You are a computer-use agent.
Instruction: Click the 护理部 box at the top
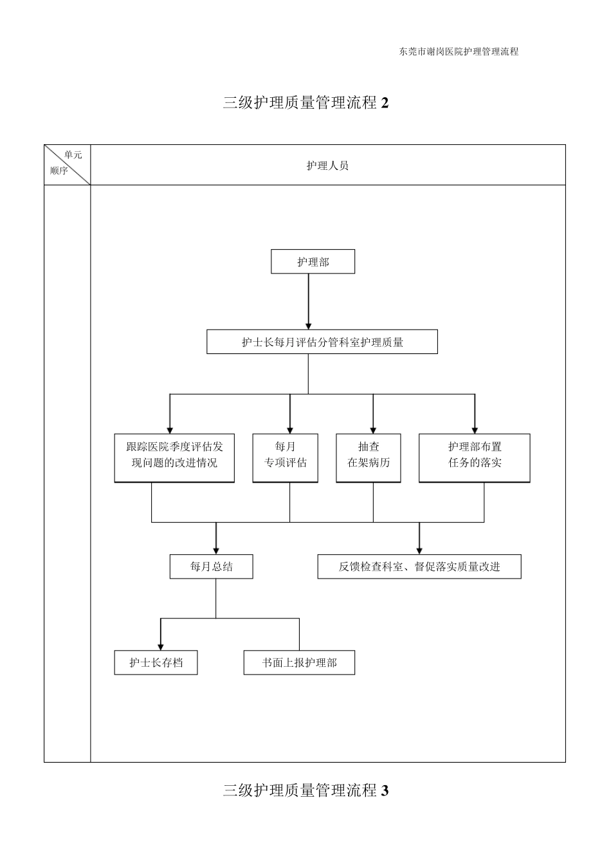point(313,262)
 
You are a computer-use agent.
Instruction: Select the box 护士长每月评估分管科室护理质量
point(322,342)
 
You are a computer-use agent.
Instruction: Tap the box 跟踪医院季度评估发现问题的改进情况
point(174,458)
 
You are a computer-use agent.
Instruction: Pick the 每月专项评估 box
point(286,458)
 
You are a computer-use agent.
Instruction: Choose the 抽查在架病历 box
point(369,458)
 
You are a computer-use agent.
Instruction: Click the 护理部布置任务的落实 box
point(475,458)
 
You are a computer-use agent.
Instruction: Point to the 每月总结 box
point(211,566)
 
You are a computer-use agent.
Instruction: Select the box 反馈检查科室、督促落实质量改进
point(419,566)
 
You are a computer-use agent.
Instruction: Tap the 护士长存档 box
point(156,662)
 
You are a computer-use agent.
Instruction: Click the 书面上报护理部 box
point(299,662)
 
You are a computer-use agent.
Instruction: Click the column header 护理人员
point(327,166)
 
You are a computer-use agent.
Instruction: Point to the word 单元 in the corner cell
point(73,155)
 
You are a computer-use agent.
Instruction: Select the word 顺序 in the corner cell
point(59,171)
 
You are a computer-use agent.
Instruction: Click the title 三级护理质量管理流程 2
point(305,103)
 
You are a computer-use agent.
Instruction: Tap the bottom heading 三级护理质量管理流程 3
point(305,790)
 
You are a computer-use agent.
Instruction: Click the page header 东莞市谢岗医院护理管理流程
point(459,52)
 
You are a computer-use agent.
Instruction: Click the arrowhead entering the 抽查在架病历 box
point(373,428)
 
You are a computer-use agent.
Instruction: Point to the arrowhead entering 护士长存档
point(160,646)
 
